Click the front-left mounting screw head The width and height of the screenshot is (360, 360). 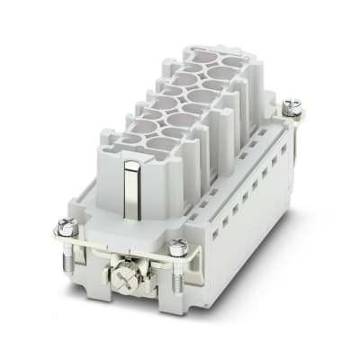pos(67,225)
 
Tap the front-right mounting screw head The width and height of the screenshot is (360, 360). pos(177,245)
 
